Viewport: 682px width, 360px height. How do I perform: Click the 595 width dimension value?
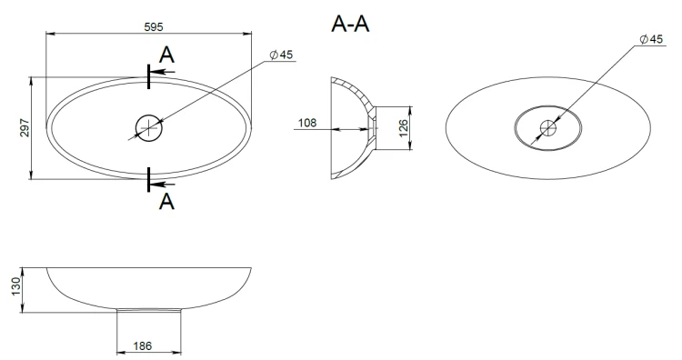(154, 27)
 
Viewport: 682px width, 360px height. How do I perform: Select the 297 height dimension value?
(25, 128)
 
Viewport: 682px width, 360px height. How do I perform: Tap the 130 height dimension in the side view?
(15, 286)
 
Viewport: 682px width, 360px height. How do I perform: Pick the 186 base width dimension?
(142, 346)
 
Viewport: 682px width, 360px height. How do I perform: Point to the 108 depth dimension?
(307, 123)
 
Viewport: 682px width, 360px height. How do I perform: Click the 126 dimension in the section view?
(403, 128)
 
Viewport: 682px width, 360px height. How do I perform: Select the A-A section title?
(350, 24)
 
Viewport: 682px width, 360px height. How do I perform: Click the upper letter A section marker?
(166, 55)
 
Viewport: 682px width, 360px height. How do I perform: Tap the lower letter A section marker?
(166, 202)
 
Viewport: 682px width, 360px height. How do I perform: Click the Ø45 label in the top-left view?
(281, 55)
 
